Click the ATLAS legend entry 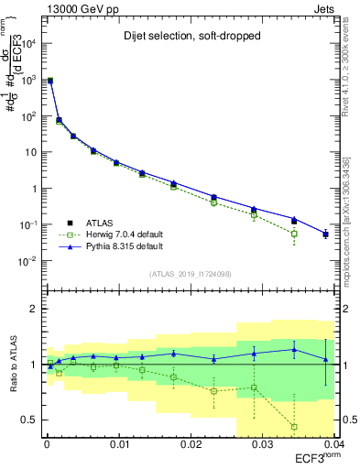click(95, 222)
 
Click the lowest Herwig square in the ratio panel click(294, 427)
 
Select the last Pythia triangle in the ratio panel click(326, 358)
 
